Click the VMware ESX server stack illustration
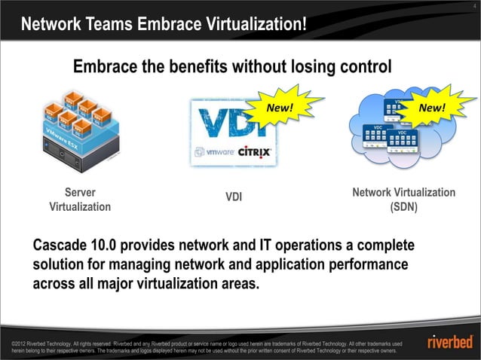77,128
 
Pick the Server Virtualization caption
79,200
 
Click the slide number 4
473,6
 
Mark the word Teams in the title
107,27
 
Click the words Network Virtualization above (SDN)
403,194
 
